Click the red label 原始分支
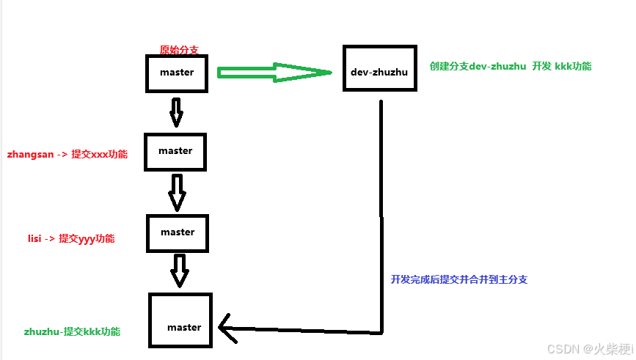click(179, 51)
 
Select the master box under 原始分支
click(177, 73)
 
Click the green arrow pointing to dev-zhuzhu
click(275, 72)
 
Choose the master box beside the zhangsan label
click(175, 151)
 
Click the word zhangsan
click(30, 155)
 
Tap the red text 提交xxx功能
click(99, 155)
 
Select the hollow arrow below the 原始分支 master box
click(176, 111)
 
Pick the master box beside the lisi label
click(178, 232)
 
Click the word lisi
click(34, 239)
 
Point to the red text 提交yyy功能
click(87, 239)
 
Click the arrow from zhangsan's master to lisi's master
click(177, 191)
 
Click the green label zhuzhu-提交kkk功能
click(72, 331)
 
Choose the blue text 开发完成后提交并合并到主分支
click(459, 279)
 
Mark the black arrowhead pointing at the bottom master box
click(227, 331)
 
